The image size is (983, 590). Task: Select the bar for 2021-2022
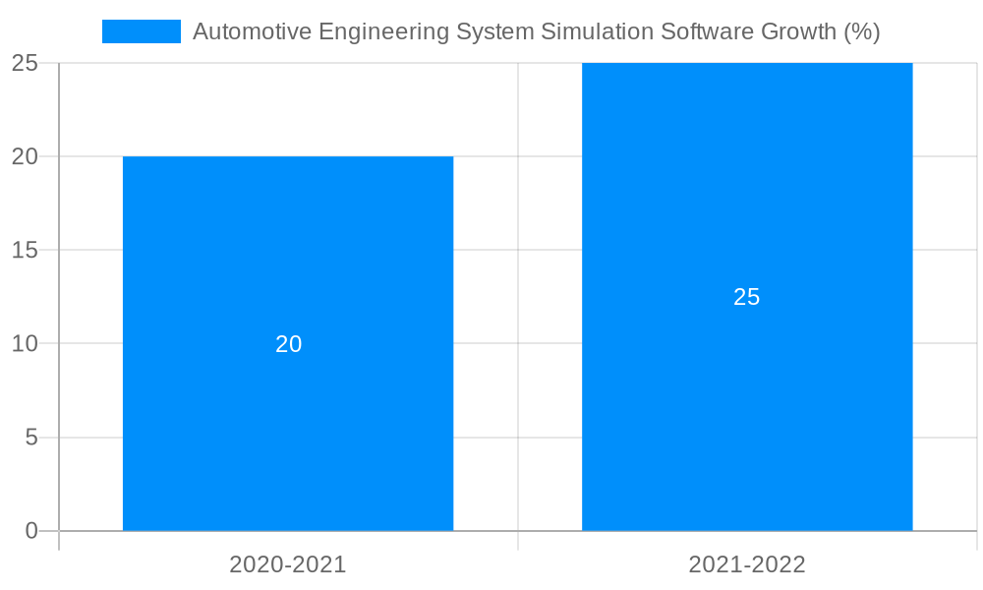747,413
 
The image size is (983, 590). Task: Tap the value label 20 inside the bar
288,344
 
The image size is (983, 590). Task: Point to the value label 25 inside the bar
747,297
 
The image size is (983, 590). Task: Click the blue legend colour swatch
142,31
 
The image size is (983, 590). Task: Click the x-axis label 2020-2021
288,564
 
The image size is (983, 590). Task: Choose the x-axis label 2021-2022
747,564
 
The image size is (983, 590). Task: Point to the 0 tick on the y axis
30,531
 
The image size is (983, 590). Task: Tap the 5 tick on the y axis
30,438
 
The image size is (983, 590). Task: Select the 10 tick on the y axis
25,344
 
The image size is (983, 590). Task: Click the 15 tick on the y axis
25,250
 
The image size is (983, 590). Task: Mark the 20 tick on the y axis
25,156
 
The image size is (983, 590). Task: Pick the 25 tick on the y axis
25,63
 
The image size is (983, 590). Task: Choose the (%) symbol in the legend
862,31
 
